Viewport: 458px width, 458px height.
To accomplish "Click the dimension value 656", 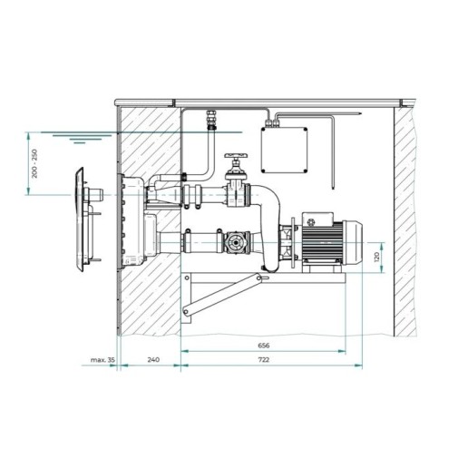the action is [263, 346].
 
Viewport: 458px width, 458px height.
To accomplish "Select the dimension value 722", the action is [263, 359].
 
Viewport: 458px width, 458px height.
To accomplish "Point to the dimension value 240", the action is [153, 359].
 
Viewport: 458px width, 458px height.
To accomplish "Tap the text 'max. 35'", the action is [102, 360].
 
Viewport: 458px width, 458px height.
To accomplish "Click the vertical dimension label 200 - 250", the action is [35, 163].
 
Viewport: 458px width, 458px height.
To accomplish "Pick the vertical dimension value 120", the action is [376, 258].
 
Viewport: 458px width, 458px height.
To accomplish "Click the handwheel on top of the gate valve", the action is [236, 156].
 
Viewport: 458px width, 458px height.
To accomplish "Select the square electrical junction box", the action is [284, 150].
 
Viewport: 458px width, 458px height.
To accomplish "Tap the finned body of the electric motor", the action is [322, 243].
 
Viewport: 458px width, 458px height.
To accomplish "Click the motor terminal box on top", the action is [317, 219].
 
